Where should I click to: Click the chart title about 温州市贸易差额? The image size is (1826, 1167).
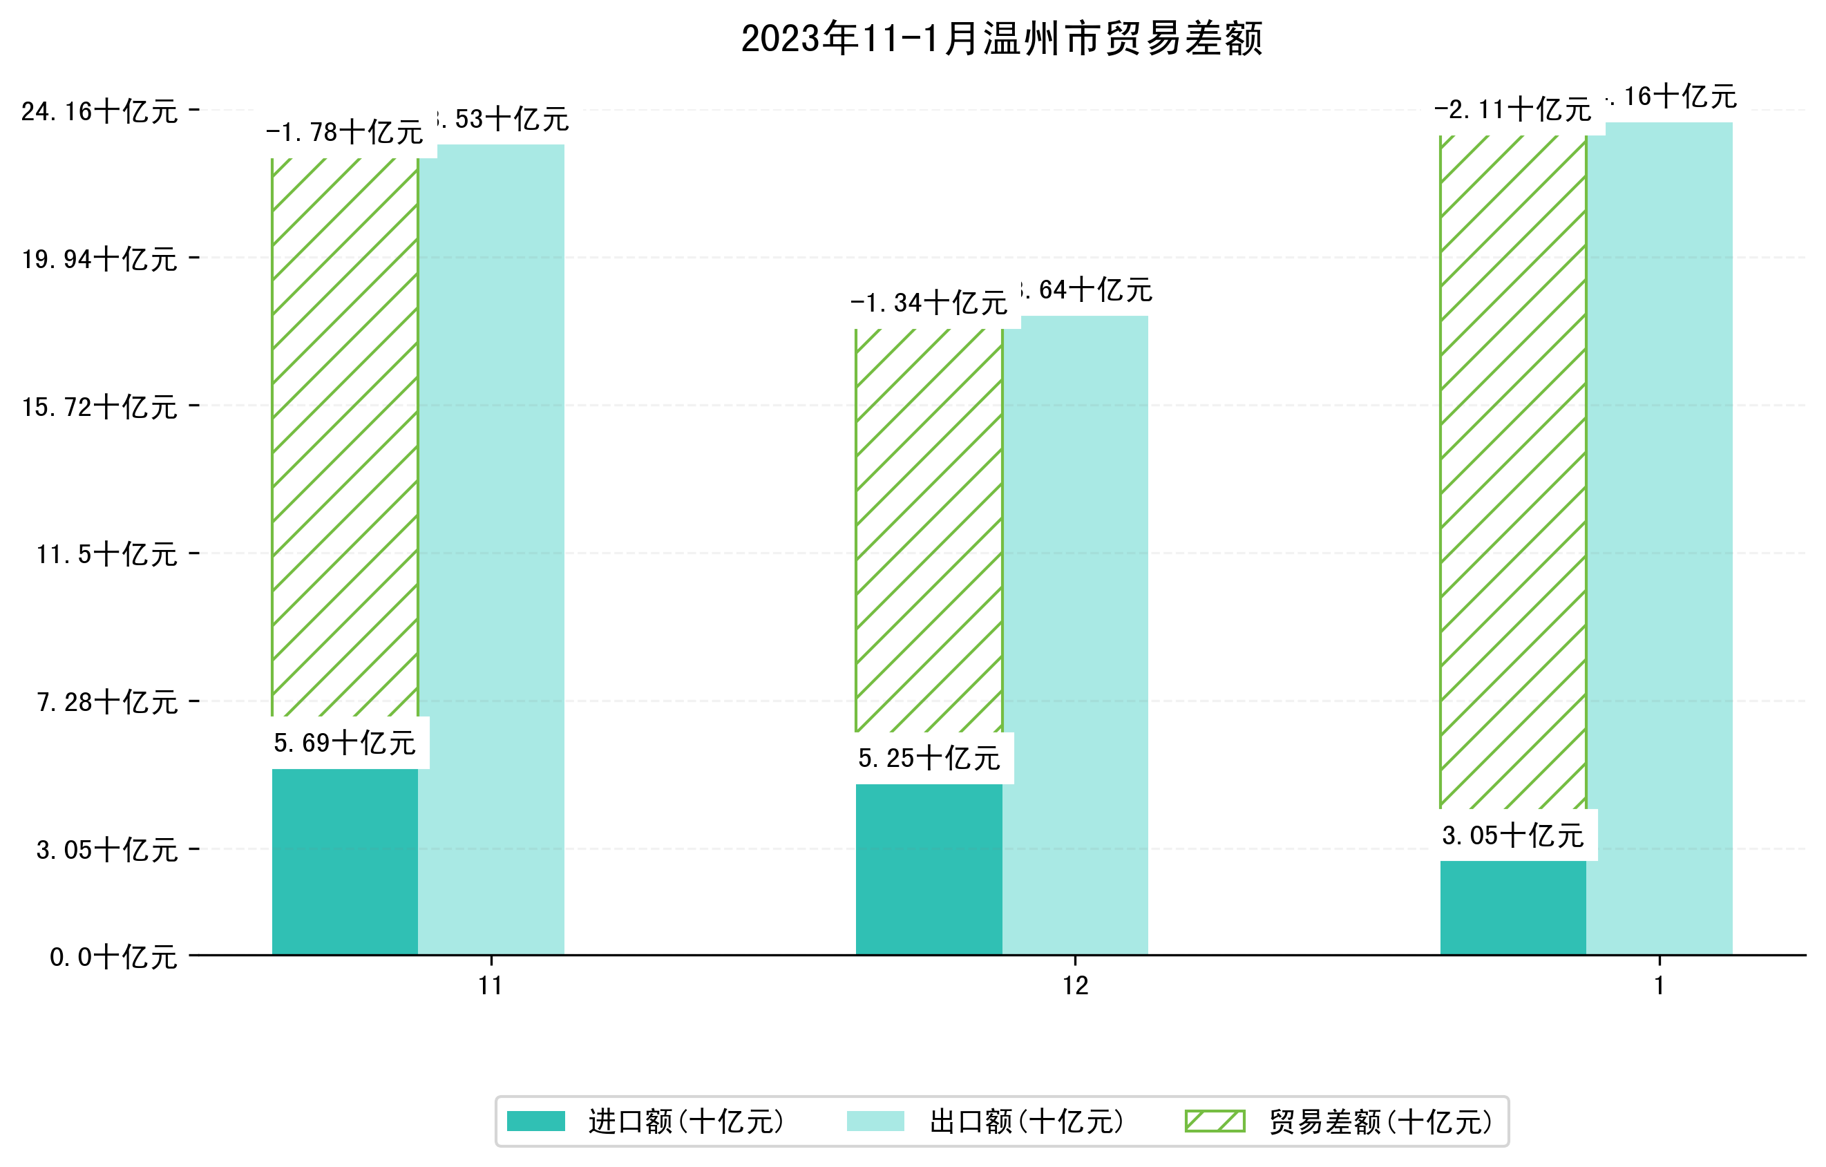[1001, 39]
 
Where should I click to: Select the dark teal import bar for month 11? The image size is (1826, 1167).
[344, 862]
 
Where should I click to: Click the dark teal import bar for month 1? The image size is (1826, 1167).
[1512, 908]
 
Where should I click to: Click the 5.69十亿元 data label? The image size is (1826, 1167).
[344, 743]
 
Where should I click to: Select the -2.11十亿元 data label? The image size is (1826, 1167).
[1512, 110]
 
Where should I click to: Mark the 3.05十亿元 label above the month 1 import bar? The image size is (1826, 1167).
[1512, 835]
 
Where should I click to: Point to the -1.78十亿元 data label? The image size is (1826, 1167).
[344, 133]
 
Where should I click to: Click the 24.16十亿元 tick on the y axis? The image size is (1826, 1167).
[99, 112]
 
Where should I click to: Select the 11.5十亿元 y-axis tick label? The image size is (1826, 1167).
[107, 555]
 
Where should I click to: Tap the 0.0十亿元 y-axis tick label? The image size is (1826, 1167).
[113, 957]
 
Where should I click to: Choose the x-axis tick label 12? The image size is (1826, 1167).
[1074, 986]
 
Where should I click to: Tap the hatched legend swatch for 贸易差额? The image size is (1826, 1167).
[1215, 1121]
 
